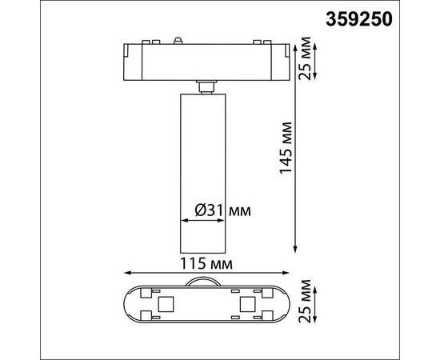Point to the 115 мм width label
pyautogui.click(x=206, y=263)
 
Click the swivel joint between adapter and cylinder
pyautogui.click(x=204, y=86)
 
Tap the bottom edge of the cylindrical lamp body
pyautogui.click(x=205, y=250)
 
